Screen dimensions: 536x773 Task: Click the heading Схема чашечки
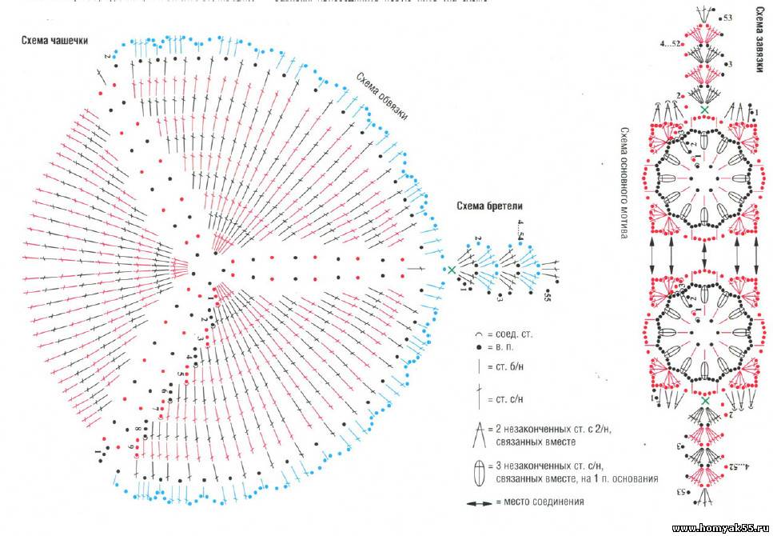tap(55, 41)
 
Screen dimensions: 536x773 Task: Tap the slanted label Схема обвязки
tap(382, 97)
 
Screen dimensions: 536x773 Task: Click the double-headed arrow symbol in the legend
tap(480, 503)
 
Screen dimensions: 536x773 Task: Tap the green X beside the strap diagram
tap(452, 270)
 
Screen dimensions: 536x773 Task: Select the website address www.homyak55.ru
tap(720, 528)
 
